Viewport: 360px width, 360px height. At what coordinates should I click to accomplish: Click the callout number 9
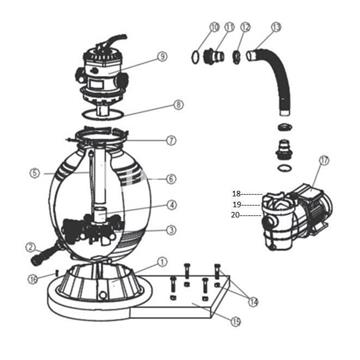coord(162,58)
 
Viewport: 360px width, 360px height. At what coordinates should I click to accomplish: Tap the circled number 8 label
coord(178,105)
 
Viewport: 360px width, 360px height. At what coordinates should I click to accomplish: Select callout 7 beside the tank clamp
coord(172,141)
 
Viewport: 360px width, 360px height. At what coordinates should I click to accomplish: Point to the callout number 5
coord(33,173)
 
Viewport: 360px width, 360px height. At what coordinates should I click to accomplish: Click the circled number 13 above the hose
coord(275,26)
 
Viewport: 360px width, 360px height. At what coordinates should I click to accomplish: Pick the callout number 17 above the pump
coord(322,160)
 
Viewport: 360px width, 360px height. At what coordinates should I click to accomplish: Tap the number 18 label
coord(237,192)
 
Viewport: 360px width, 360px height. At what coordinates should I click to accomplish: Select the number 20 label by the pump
coord(237,215)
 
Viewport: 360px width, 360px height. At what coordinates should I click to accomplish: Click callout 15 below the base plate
coord(236,320)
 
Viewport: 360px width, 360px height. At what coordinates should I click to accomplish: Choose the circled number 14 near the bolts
coord(253,299)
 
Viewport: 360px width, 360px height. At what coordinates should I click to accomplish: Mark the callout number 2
coord(30,247)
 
